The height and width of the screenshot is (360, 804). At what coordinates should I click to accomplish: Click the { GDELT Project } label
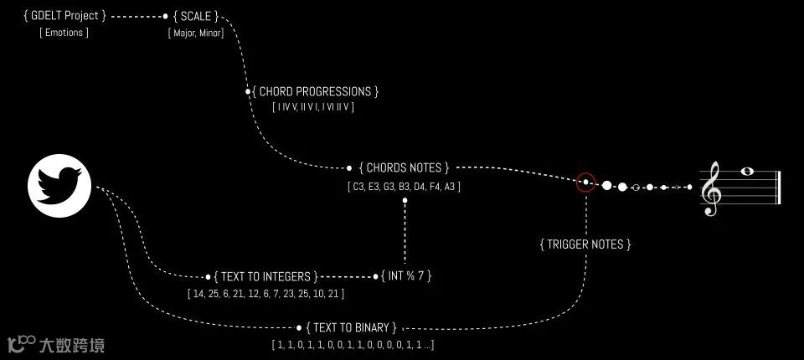[66, 16]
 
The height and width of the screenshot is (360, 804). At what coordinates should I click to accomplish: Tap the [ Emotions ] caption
[64, 33]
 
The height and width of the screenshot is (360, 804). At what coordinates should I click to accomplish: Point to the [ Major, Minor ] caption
[196, 33]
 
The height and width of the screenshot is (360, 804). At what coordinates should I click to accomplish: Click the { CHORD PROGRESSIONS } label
[316, 91]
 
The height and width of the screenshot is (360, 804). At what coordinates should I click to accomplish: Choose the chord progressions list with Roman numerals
[314, 107]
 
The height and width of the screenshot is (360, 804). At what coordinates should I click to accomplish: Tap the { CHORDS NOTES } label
[405, 167]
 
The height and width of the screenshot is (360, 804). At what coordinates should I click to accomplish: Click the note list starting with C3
[404, 186]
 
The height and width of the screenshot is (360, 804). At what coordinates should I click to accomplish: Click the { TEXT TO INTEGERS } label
[265, 276]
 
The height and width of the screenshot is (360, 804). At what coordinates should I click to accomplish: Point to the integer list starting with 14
[265, 294]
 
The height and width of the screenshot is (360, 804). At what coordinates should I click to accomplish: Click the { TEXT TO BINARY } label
[352, 327]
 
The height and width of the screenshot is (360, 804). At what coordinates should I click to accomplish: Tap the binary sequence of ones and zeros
[353, 345]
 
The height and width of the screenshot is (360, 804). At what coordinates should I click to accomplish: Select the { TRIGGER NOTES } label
[585, 244]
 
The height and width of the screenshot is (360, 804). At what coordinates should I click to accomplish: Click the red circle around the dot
[585, 183]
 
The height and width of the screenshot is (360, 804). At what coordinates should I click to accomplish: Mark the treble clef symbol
[712, 188]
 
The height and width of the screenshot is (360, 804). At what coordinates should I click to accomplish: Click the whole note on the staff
[746, 172]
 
